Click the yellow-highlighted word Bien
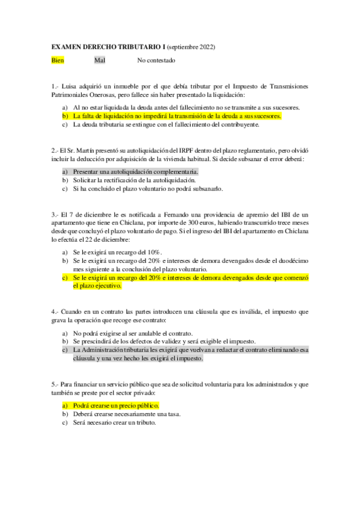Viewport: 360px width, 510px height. [58, 61]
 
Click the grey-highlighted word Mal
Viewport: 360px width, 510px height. [100, 61]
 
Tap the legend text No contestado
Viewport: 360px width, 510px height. [156, 61]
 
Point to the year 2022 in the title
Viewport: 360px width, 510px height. [204, 46]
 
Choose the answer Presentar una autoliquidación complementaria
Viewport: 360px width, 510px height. [135, 172]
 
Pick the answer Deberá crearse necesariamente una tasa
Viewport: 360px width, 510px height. [127, 414]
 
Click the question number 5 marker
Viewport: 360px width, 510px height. [54, 384]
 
